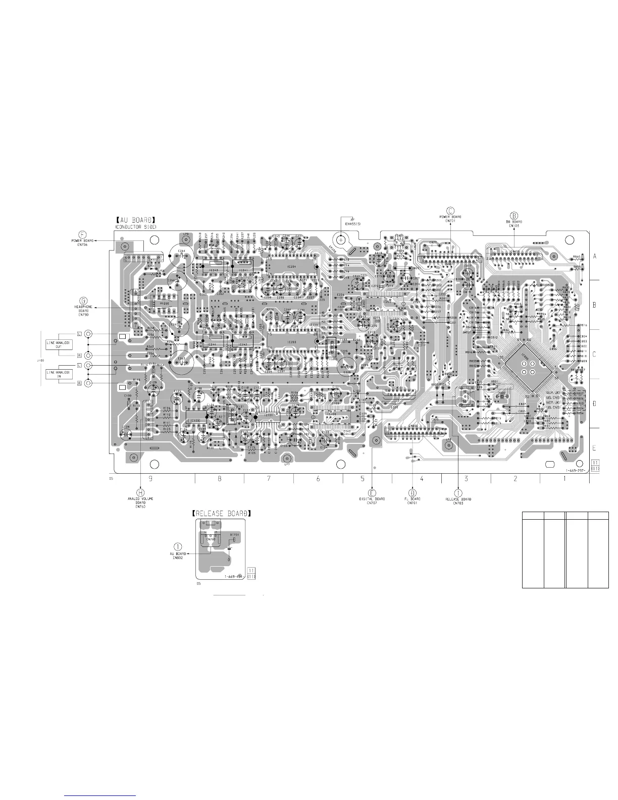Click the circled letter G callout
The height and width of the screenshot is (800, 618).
click(x=83, y=298)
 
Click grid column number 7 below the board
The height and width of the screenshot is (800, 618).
click(x=269, y=478)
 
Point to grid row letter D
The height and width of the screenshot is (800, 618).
click(x=594, y=404)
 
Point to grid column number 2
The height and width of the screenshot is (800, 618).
click(x=515, y=478)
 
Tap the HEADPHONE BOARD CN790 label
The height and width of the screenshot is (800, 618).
click(x=83, y=311)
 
